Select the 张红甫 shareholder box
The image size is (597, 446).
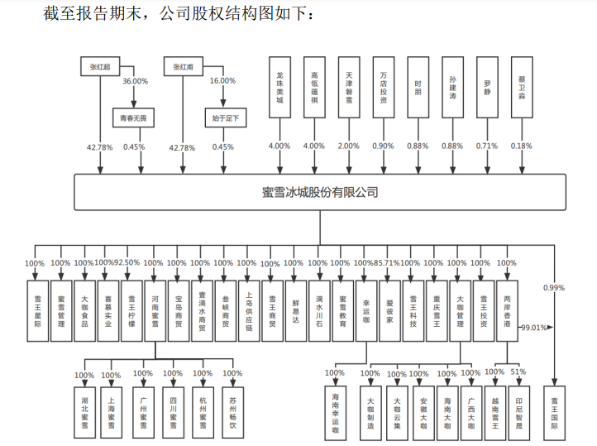coord(183,65)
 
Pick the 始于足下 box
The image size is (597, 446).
coord(223,118)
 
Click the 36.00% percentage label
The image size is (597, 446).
coord(135,81)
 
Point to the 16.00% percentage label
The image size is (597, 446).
coord(223,81)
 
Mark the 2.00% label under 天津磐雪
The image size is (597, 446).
coord(349,146)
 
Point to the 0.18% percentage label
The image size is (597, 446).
coord(522,146)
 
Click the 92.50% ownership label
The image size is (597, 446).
coord(127,263)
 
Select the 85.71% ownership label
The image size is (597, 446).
coord(386,263)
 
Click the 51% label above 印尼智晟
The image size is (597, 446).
coord(518,372)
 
